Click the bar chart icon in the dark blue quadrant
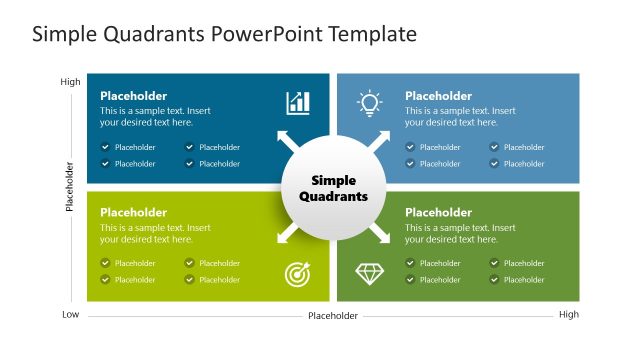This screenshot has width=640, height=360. tap(298, 102)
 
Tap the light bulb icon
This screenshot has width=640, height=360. tap(370, 102)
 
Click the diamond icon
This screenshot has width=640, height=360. tap(370, 273)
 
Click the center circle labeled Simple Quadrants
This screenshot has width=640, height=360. tap(333, 188)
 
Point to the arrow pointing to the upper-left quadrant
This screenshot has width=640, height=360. tap(286, 141)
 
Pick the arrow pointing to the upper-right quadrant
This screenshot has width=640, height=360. tap(381, 141)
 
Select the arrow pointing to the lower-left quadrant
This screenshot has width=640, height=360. tap(286, 234)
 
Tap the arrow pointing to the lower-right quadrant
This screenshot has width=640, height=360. tap(381, 234)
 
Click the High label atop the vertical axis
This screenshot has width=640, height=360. tap(70, 82)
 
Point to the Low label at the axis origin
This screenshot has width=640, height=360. tap(70, 315)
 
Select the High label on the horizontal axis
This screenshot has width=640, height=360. tap(568, 315)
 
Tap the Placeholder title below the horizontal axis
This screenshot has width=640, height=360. tap(333, 316)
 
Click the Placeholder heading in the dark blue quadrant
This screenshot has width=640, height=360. tap(133, 96)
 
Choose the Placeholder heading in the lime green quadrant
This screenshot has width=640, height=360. tap(133, 212)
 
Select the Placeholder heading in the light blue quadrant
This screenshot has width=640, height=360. tap(438, 96)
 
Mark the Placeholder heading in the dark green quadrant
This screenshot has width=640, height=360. tap(438, 212)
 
